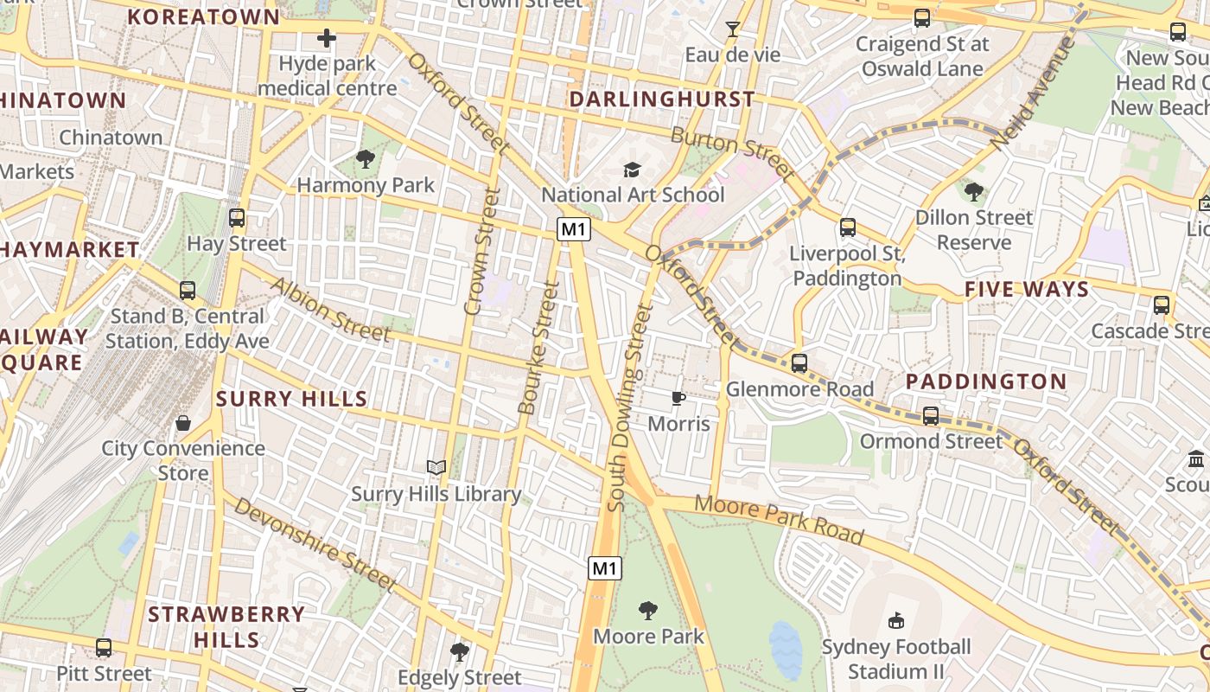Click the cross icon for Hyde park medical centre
coord(327,38)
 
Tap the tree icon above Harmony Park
coord(366,159)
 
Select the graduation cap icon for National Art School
coord(633,170)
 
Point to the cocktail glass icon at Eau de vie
coord(733,29)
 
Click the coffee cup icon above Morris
coord(678,398)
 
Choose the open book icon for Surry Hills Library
coord(436,468)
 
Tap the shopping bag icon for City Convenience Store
coord(183,423)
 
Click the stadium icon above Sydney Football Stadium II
coord(896,620)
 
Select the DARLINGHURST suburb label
coord(662,99)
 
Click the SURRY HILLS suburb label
coord(291,399)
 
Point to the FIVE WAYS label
coord(1026,290)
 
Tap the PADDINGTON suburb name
coord(986,381)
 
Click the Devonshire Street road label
coord(315,545)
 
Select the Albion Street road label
coord(330,310)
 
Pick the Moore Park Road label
coord(779,520)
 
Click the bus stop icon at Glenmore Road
coord(799,363)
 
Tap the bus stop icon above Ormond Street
coord(931,416)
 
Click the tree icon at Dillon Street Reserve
coord(974,191)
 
